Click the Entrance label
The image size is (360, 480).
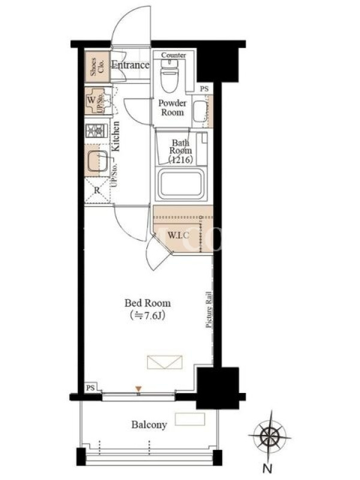pyautogui.click(x=130, y=65)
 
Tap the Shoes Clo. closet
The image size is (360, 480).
pyautogui.click(x=97, y=67)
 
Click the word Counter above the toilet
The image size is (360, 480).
pyautogui.click(x=173, y=55)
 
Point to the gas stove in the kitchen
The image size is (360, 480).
pyautogui.click(x=97, y=131)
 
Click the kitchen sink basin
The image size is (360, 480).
pyautogui.click(x=98, y=161)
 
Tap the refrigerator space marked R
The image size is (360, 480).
pyautogui.click(x=97, y=190)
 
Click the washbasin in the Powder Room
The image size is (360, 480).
pyautogui.click(x=200, y=112)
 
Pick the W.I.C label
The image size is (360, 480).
pyautogui.click(x=178, y=235)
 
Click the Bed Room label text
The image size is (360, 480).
pyautogui.click(x=148, y=303)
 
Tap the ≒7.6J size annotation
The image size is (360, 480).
pyautogui.click(x=148, y=316)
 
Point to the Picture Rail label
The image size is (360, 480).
pyautogui.click(x=209, y=310)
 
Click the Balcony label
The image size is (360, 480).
pyautogui.click(x=149, y=425)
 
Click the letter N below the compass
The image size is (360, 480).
pyautogui.click(x=268, y=468)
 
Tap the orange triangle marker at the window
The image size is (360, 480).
pyautogui.click(x=139, y=389)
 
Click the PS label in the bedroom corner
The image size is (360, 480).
pyautogui.click(x=91, y=388)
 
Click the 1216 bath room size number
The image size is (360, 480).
pyautogui.click(x=181, y=160)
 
